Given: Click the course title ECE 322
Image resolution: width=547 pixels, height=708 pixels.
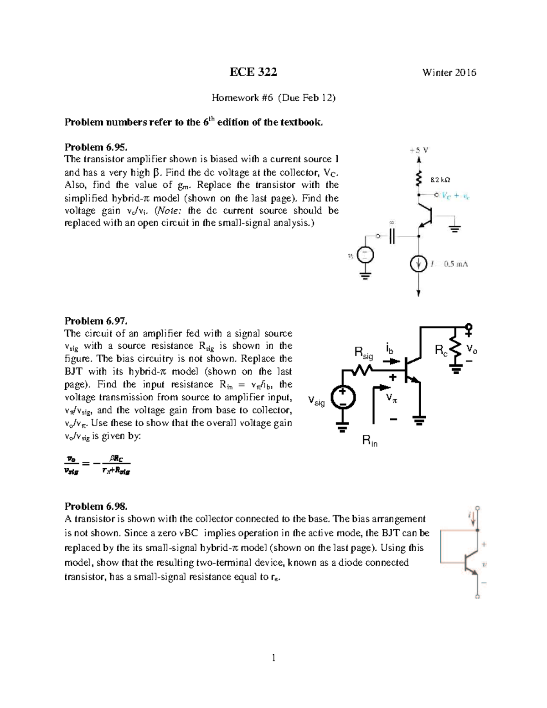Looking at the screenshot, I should [253, 72].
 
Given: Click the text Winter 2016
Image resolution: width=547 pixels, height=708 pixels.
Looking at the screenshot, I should [449, 72].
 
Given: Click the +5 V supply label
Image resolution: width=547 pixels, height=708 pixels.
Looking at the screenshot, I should [418, 150].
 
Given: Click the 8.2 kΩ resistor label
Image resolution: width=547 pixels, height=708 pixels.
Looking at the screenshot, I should [441, 180].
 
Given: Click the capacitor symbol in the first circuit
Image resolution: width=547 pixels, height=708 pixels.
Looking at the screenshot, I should [392, 237].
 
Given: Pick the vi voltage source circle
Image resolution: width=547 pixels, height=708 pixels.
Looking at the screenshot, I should [365, 255].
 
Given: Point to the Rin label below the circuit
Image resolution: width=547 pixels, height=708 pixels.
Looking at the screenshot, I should [370, 441].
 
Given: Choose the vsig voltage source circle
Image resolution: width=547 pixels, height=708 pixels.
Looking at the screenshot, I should [341, 397].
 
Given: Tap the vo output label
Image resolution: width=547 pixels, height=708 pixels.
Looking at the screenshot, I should [471, 350].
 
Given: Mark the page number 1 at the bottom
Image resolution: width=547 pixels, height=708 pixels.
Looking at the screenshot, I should [273, 657].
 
